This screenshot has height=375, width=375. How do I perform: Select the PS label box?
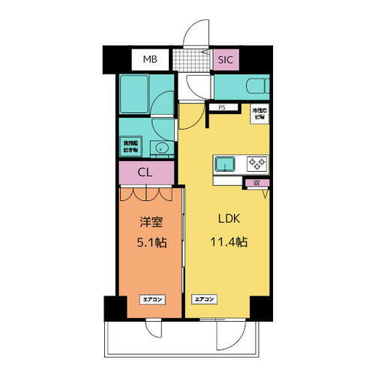click(221, 108)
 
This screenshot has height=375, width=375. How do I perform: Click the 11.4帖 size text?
click(229, 243)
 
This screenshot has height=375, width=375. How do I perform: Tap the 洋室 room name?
click(151, 222)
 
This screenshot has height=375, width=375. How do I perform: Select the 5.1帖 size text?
click(151, 243)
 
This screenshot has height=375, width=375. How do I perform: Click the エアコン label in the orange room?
click(151, 300)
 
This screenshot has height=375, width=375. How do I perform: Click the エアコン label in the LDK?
click(205, 300)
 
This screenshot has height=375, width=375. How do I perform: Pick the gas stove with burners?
click(257, 163)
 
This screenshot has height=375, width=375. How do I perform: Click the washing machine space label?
click(130, 146)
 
